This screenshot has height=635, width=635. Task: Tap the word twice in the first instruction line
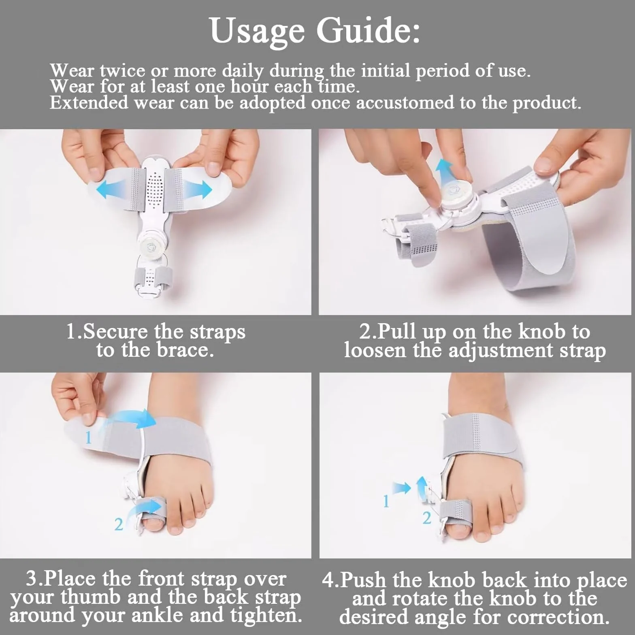click(x=122, y=70)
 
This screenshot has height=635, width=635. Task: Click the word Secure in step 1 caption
click(x=115, y=332)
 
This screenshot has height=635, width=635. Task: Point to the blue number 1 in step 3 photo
click(x=89, y=438)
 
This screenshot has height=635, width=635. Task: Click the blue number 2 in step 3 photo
click(x=118, y=525)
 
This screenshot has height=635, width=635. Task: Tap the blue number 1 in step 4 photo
click(x=386, y=502)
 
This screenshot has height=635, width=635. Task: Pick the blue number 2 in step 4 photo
click(x=426, y=518)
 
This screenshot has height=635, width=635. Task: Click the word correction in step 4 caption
click(x=558, y=617)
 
